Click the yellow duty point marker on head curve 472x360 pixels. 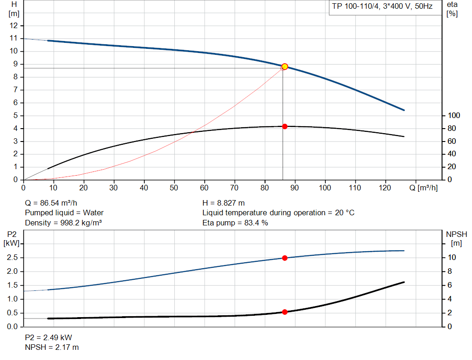coord(284,66)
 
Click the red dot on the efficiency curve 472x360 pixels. coord(284,126)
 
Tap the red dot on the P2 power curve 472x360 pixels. coord(284,258)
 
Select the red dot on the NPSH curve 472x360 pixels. coord(284,312)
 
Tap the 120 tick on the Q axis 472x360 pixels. coord(385,188)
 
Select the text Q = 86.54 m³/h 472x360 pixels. coord(52,203)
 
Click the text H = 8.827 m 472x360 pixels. coord(224,203)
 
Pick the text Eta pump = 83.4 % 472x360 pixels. coord(235,223)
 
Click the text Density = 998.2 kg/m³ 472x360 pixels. coord(63,223)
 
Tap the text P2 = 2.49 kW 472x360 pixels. coord(48,337)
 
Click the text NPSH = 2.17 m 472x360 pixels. coord(52,347)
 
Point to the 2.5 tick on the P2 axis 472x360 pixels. coord(12,258)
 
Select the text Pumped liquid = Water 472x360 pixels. coord(64,213)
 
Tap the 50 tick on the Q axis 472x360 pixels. coord(174,188)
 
